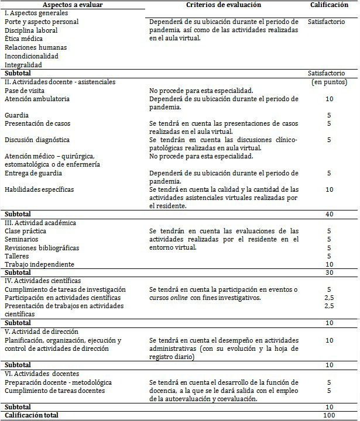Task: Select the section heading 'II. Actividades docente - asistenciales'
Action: (x=60, y=82)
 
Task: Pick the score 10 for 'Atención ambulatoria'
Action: (x=329, y=99)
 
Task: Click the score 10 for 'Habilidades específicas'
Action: (x=329, y=189)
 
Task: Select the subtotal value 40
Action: (x=329, y=215)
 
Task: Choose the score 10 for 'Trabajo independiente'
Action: (x=329, y=264)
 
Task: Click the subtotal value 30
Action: (x=329, y=272)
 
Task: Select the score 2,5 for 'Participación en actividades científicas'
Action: (x=329, y=298)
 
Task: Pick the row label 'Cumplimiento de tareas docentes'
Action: (x=54, y=391)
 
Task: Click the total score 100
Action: (x=329, y=415)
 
